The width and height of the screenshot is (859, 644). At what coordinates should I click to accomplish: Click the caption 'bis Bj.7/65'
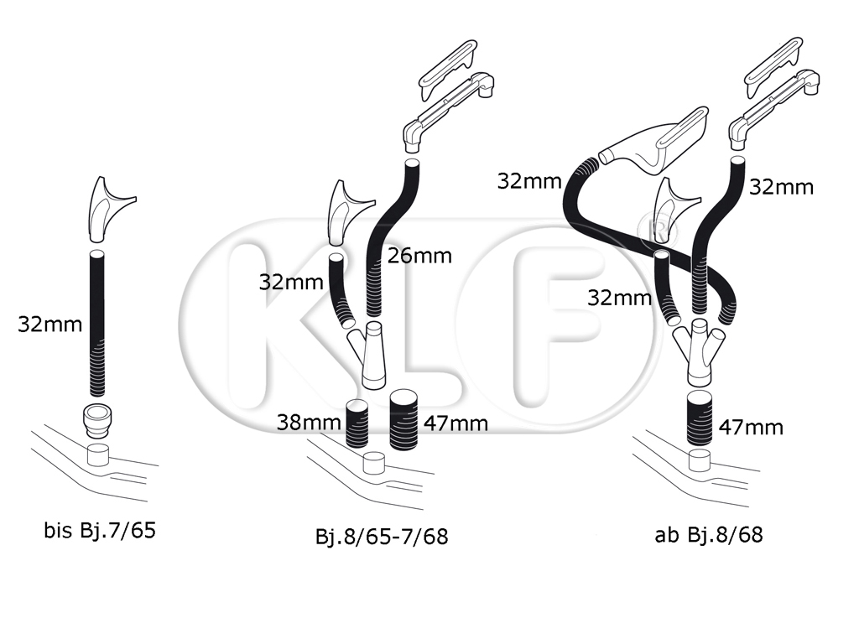pos(100,530)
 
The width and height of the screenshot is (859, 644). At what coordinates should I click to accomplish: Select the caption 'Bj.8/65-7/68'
pos(382,536)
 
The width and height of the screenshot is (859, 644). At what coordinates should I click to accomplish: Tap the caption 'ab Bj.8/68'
pos(708,534)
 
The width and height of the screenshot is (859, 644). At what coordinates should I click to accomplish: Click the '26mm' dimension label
pos(419,256)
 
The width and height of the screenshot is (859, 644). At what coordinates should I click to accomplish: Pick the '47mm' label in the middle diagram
pos(456,423)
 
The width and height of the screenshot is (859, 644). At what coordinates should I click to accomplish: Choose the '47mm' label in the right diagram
pos(751,427)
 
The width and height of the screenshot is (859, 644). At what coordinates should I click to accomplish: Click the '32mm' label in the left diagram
pos(49,325)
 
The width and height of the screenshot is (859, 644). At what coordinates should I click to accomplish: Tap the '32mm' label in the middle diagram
pos(291,283)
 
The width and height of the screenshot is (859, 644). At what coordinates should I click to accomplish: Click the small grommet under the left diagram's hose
pos(98,421)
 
